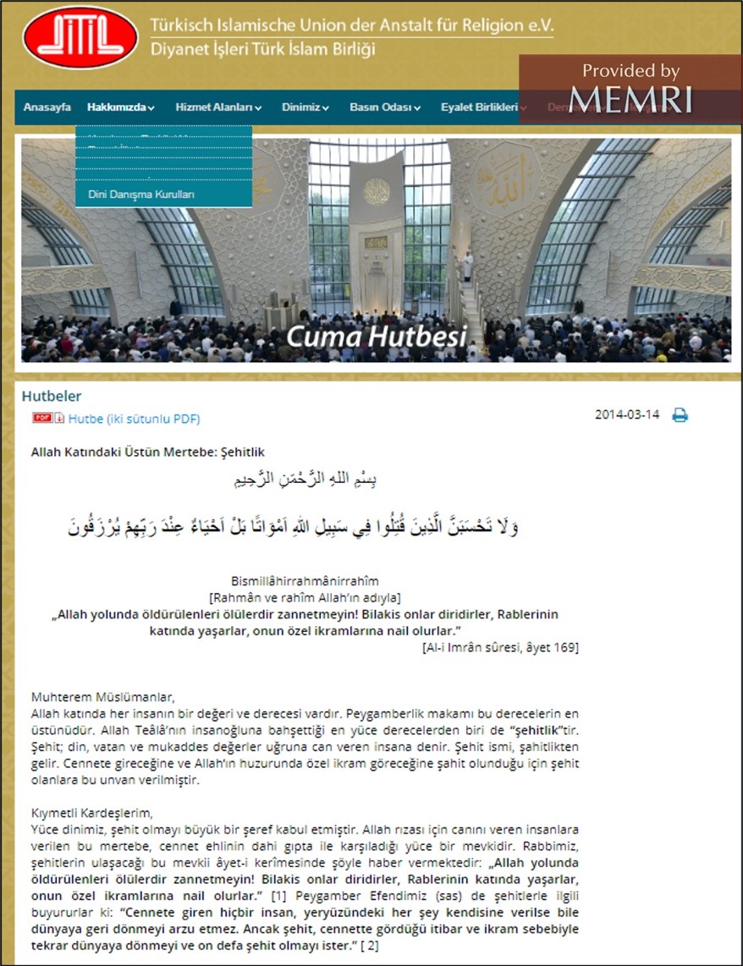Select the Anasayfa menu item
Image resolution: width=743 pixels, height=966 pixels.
47,107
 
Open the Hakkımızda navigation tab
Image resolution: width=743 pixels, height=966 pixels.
120,107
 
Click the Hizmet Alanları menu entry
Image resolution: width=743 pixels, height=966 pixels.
218,107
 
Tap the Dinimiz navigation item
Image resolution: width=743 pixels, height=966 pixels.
305,107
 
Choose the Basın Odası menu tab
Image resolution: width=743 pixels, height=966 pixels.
385,107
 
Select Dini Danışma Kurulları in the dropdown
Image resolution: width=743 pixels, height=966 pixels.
141,195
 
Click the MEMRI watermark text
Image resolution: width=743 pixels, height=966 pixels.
630,99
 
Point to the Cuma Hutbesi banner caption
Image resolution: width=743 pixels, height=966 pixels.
376,337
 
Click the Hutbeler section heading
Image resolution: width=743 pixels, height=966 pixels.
52,396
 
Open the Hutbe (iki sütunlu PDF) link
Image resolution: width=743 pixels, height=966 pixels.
134,419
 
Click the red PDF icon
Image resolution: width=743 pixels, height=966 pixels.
43,418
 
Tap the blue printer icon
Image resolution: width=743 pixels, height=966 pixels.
680,415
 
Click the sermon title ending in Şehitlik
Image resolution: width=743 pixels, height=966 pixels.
147,453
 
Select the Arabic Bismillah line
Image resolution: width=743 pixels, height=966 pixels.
305,479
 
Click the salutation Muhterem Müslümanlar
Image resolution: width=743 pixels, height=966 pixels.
102,697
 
